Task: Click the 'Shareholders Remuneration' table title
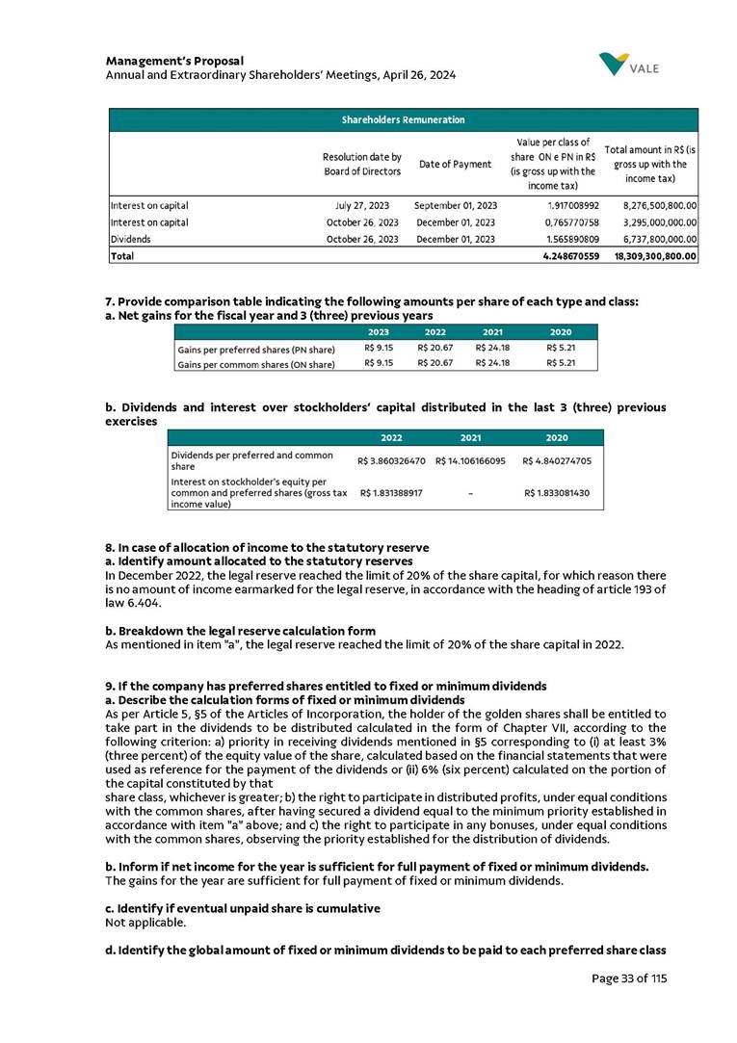(403, 120)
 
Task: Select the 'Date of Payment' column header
(455, 165)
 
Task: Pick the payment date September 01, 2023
(455, 205)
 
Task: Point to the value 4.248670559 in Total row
(563, 256)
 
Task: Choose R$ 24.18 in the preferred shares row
(492, 348)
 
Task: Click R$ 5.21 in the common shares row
(560, 364)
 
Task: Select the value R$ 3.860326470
(391, 460)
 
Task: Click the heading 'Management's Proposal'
(174, 61)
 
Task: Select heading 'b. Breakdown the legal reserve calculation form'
(240, 631)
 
